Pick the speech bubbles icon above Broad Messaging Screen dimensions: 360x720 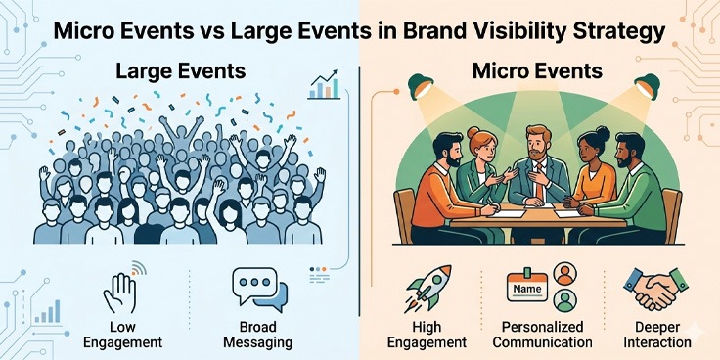[x=256, y=289]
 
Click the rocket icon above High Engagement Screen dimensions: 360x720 [x=430, y=289]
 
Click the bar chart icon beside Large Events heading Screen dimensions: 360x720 [x=324, y=85]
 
